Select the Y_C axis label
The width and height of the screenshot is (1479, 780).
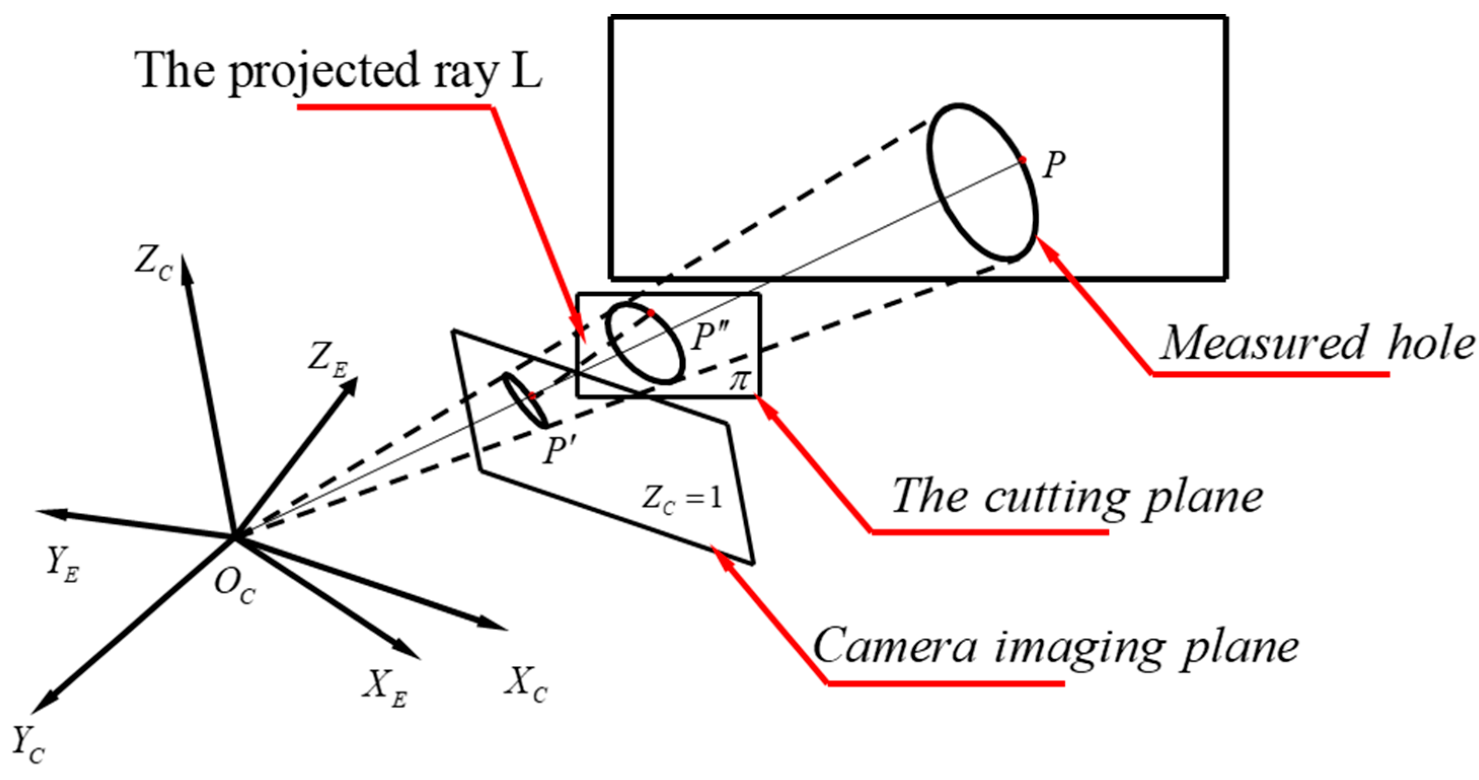[x=27, y=745]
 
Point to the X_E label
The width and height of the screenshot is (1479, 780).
[x=384, y=687]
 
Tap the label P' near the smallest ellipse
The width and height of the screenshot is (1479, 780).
[x=559, y=449]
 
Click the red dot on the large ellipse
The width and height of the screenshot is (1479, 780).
[x=1022, y=159]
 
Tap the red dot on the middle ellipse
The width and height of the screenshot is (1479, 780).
[x=650, y=313]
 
